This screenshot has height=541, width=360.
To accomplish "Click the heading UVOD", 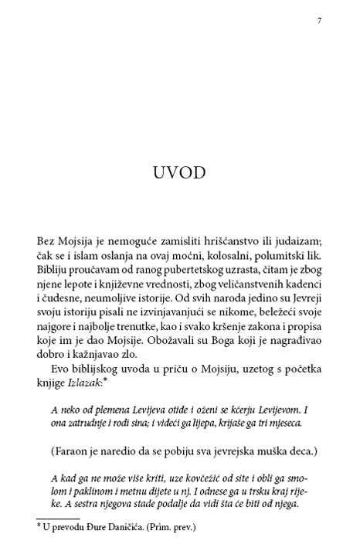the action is [x=179, y=172].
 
